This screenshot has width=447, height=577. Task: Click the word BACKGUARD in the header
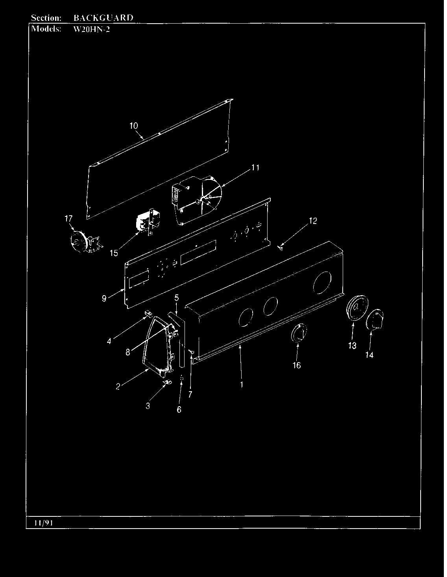pyautogui.click(x=103, y=18)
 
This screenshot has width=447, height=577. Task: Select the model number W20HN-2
pyautogui.click(x=92, y=29)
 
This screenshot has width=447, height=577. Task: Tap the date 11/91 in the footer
pyautogui.click(x=44, y=523)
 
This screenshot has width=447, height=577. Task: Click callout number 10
pyautogui.click(x=134, y=126)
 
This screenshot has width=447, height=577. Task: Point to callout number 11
pyautogui.click(x=255, y=168)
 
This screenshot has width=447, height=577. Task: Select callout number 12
pyautogui.click(x=313, y=221)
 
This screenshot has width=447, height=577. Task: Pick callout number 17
pyautogui.click(x=68, y=218)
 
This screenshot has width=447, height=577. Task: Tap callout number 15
pyautogui.click(x=114, y=253)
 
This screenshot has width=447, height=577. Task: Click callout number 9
pyautogui.click(x=104, y=298)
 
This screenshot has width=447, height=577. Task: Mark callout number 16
pyautogui.click(x=297, y=365)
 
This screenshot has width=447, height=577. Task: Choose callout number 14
pyautogui.click(x=369, y=355)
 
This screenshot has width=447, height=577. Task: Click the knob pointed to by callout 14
pyautogui.click(x=375, y=320)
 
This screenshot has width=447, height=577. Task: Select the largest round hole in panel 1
pyautogui.click(x=322, y=283)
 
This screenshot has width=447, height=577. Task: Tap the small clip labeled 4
pyautogui.click(x=149, y=313)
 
